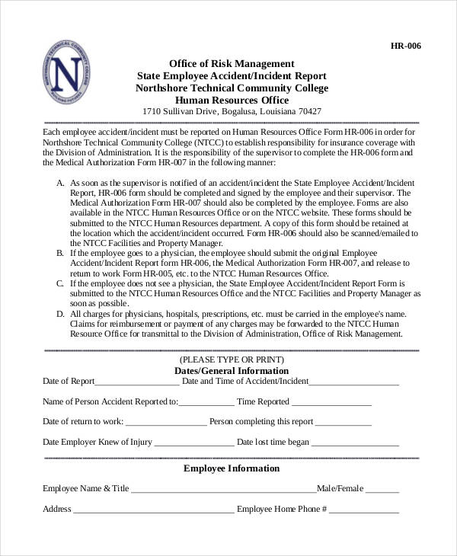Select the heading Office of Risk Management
(x=232, y=63)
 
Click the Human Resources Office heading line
(x=232, y=100)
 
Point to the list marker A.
(x=60, y=184)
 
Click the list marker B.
(x=60, y=251)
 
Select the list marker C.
(x=60, y=283)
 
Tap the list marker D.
(x=60, y=314)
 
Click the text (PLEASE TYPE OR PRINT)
(x=232, y=359)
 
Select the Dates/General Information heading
(x=232, y=370)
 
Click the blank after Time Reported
(x=331, y=403)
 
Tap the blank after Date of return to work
(x=165, y=423)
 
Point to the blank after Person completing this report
(x=344, y=423)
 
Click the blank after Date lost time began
(x=355, y=443)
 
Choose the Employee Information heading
(x=232, y=468)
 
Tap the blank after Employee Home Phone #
(x=364, y=510)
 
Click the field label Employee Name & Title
(x=85, y=488)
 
